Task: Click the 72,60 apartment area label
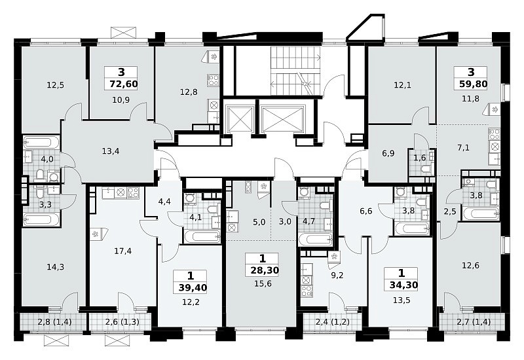pos(123,84)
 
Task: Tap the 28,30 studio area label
pos(265,270)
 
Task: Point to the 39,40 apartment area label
pos(193,287)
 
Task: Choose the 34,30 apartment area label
pos(403,285)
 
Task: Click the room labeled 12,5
pos(56,85)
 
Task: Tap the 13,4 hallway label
pos(111,151)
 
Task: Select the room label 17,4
pos(122,251)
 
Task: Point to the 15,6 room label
pos(263,284)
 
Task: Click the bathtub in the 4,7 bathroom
pos(316,240)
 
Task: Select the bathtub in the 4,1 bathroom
pos(202,237)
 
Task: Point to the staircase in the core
pos(295,71)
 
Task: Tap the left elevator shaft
pos(239,118)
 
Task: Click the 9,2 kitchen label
pos(337,276)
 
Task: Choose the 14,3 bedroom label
pos(56,267)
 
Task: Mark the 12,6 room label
pos(470,266)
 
